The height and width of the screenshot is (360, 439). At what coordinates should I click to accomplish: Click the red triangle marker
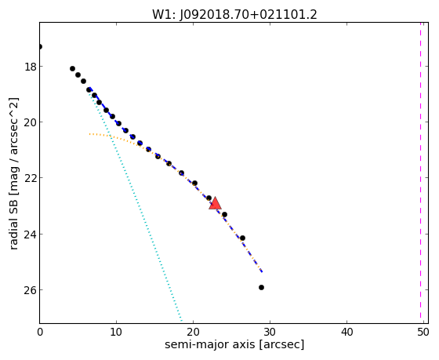215,204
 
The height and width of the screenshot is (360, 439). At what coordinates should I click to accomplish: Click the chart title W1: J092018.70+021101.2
234,15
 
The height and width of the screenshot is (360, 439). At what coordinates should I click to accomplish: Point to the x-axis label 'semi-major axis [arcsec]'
234,344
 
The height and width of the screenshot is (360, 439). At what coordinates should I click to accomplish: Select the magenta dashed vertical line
420,170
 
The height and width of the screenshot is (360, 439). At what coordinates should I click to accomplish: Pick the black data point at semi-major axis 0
40,46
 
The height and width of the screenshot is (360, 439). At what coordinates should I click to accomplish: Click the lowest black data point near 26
261,287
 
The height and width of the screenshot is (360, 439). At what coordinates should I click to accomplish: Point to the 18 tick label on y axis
30,67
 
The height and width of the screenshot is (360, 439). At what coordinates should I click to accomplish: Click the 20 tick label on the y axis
30,122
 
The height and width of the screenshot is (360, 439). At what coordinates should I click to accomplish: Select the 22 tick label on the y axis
30,178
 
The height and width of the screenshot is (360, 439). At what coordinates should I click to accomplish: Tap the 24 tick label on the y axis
30,235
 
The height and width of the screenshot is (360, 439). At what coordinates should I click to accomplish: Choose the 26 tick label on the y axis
30,290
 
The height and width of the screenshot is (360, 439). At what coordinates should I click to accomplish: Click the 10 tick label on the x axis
116,333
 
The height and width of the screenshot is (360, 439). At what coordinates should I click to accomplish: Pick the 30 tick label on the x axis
270,333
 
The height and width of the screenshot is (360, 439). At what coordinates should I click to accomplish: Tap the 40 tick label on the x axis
346,333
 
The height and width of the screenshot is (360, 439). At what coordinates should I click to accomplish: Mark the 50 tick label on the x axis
423,333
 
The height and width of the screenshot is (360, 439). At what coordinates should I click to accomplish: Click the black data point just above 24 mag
242,238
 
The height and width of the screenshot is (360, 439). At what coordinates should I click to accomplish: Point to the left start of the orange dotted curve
89,134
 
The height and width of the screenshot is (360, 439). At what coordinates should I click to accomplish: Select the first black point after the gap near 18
72,69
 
